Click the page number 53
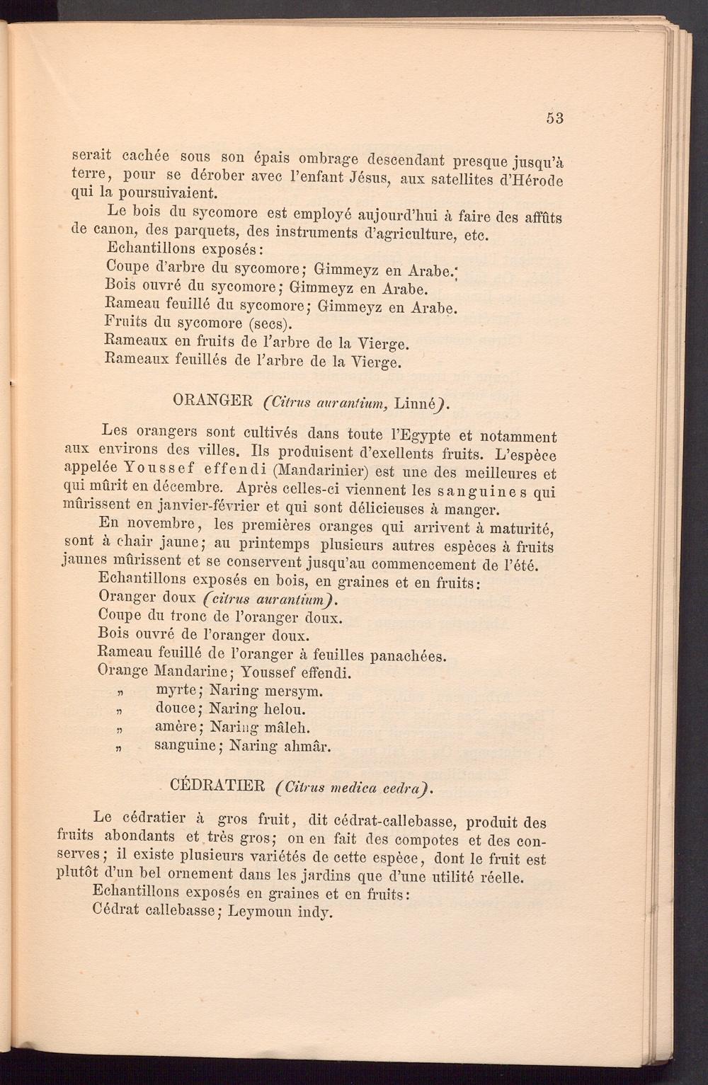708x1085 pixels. [x=554, y=118]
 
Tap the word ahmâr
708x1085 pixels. [x=304, y=746]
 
